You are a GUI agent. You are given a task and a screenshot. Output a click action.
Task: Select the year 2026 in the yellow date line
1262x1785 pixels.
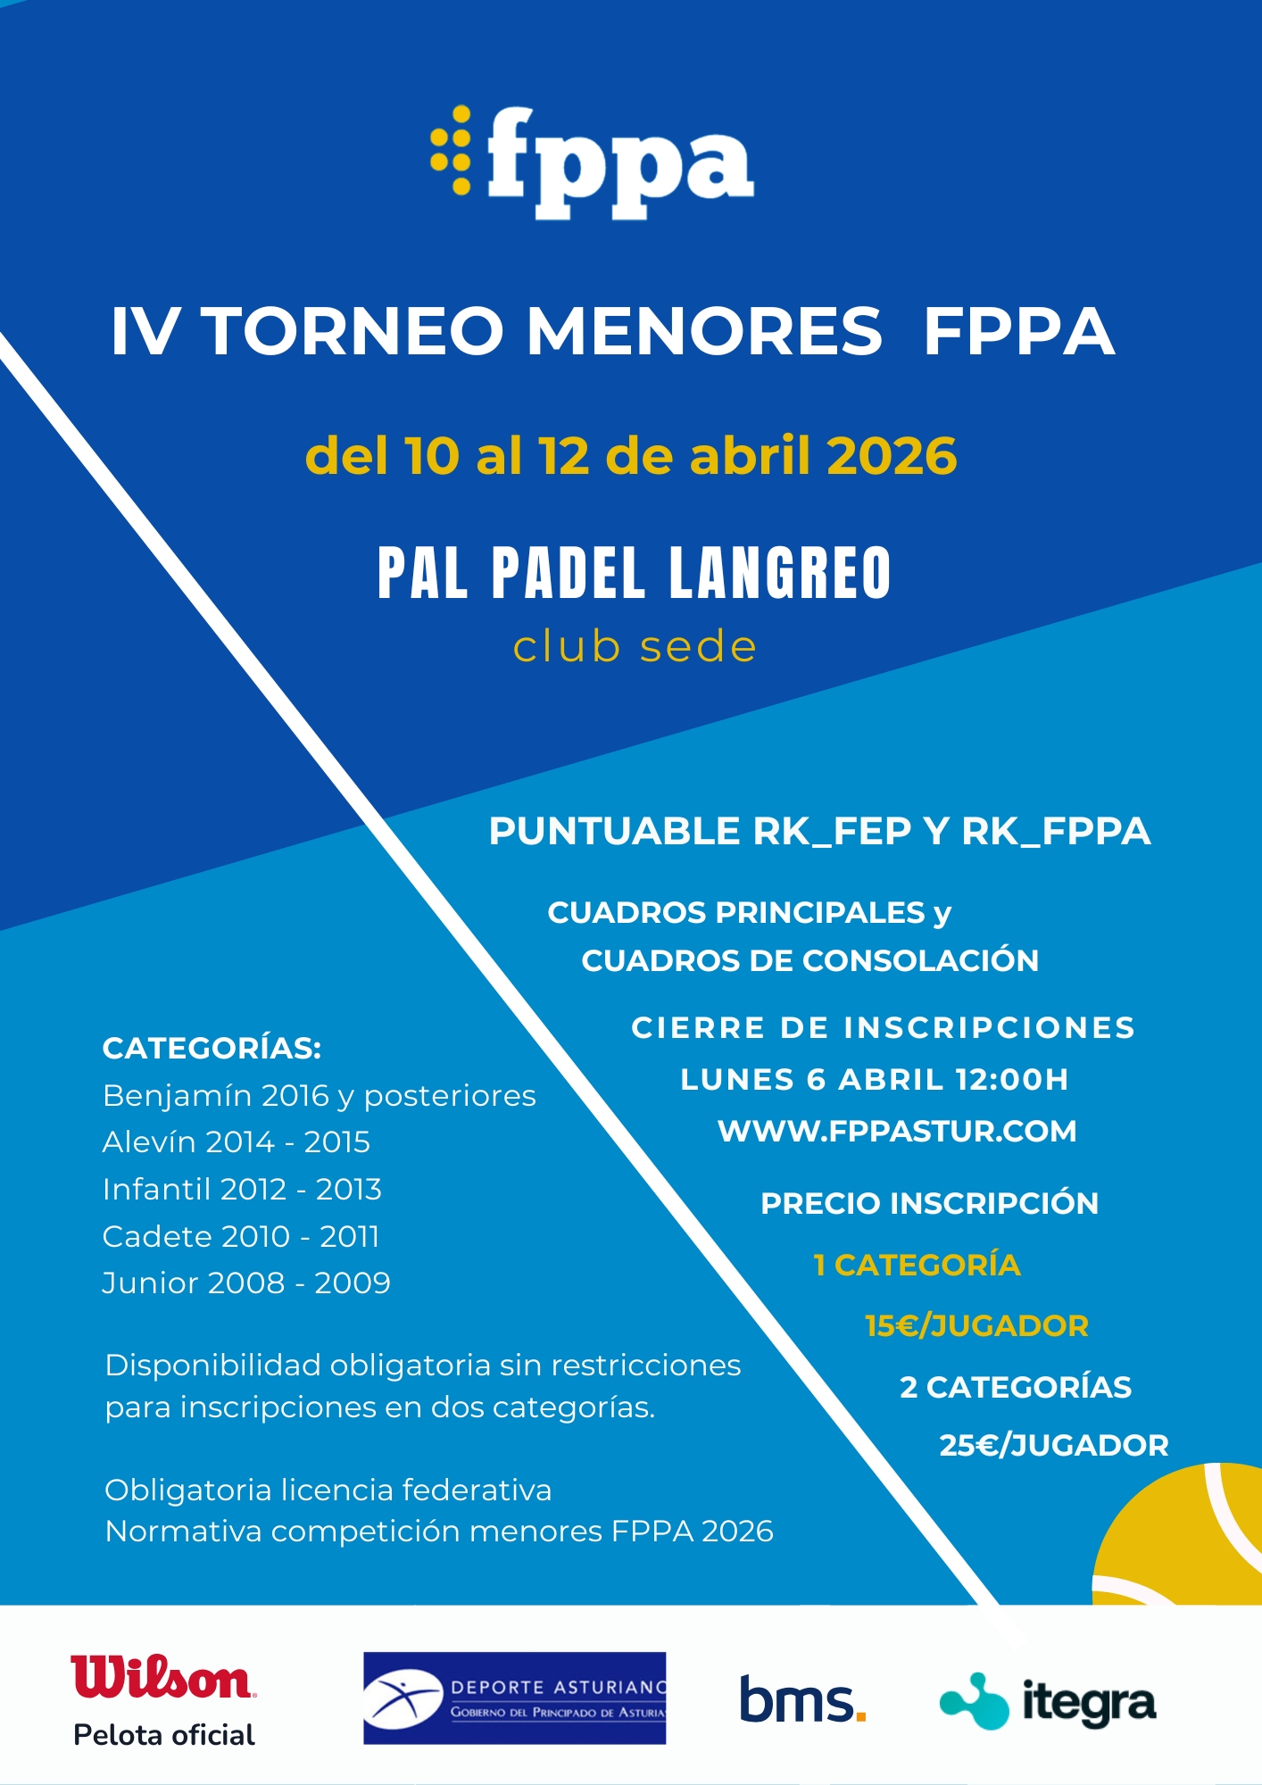pyautogui.click(x=891, y=456)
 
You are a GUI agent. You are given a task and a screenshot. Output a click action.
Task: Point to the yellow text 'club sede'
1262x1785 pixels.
pyautogui.click(x=635, y=647)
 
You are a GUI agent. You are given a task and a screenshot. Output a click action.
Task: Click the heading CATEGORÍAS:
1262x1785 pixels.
pyautogui.click(x=212, y=1048)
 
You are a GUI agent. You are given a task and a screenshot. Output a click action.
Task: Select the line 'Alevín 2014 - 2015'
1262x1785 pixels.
pyautogui.click(x=236, y=1142)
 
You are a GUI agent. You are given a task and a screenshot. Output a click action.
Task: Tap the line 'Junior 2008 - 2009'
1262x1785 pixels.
pyautogui.click(x=246, y=1283)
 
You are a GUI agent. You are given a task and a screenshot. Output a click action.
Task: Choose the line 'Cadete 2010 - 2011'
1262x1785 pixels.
pyautogui.click(x=241, y=1236)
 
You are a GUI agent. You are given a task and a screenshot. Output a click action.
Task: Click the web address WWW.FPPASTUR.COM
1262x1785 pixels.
pyautogui.click(x=897, y=1131)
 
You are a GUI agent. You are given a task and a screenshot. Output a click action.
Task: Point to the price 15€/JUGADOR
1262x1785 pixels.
pyautogui.click(x=976, y=1325)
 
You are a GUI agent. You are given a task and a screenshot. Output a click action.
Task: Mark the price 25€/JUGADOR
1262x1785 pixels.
pyautogui.click(x=1053, y=1445)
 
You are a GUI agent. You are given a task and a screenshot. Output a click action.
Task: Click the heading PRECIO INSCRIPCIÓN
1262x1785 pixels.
pyautogui.click(x=929, y=1203)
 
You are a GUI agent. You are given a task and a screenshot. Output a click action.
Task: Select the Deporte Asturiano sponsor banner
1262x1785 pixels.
pyautogui.click(x=514, y=1698)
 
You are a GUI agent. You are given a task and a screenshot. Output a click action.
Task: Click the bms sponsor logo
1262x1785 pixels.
pyautogui.click(x=801, y=1700)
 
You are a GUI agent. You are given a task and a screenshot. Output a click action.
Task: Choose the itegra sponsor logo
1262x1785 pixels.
pyautogui.click(x=1048, y=1701)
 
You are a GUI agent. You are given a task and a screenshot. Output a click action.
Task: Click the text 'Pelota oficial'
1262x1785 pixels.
pyautogui.click(x=164, y=1735)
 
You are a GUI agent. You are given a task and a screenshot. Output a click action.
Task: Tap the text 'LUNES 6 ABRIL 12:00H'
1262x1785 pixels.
pyautogui.click(x=874, y=1079)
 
